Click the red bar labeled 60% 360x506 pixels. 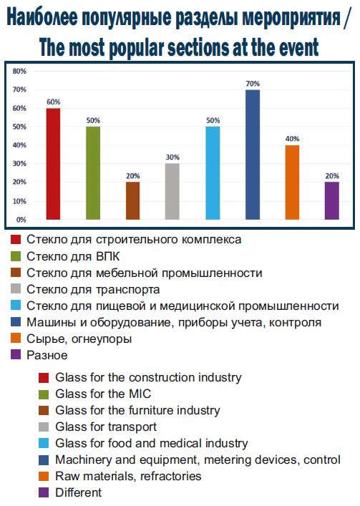53,164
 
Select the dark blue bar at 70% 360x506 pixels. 253,155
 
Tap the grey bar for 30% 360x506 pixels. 172,192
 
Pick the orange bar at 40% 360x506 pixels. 292,183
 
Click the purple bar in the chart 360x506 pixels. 332,201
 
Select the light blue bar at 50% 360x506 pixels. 213,173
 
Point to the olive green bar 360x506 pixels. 93,173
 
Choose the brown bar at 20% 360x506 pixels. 132,201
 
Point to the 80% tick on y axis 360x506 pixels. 19,72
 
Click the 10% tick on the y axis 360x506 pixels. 19,201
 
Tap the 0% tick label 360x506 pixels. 21,220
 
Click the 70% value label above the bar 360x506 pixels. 253,84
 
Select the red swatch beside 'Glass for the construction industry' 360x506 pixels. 44,378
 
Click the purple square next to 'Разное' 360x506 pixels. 16,355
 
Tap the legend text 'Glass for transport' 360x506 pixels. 106,427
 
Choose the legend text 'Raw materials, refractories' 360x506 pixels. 128,476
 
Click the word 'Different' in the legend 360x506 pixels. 79,492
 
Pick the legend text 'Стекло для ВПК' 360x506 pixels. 73,256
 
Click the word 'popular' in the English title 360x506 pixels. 135,48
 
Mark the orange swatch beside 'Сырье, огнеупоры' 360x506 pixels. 16,339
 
